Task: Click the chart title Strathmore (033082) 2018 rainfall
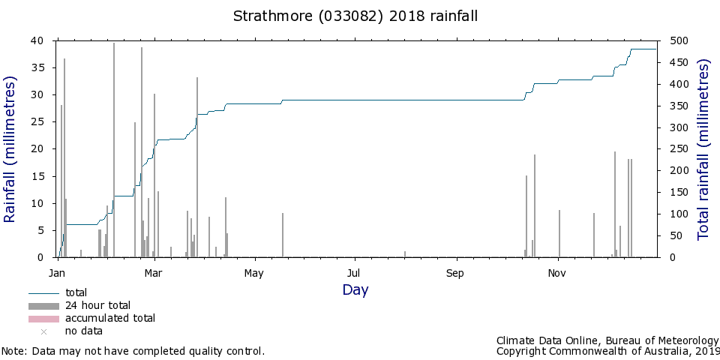355,16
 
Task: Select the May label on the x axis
254,274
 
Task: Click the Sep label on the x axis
454,274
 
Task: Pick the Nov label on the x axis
556,274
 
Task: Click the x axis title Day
355,290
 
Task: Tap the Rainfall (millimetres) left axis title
10,149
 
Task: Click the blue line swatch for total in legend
43,293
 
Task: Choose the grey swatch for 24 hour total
43,306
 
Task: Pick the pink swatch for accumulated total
43,319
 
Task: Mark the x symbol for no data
44,331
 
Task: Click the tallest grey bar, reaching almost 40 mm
114,150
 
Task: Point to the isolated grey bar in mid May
283,235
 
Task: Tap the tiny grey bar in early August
405,254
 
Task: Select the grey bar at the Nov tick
559,234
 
